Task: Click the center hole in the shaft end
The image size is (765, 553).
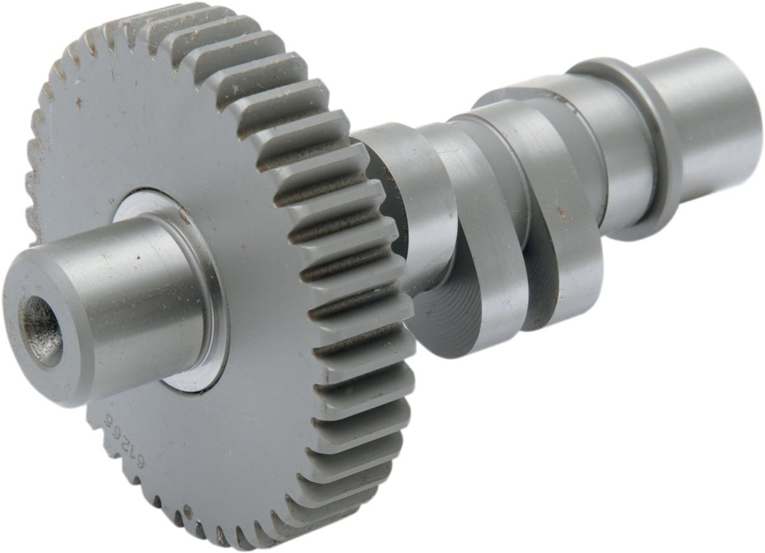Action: [41, 328]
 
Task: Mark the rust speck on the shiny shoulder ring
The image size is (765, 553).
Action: [184, 220]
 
